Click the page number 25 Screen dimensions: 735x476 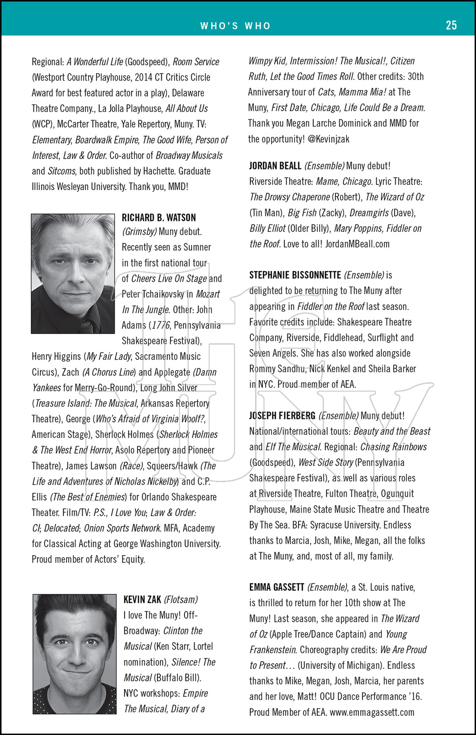point(451,25)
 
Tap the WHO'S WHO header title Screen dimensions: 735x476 point(235,26)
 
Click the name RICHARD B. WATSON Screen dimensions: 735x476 point(159,218)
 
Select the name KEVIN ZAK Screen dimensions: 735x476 point(142,599)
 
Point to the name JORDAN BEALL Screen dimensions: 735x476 point(275,166)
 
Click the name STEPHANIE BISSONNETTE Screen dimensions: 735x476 point(295,275)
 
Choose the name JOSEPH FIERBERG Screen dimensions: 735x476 point(282,416)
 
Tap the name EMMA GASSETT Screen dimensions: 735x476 point(276,587)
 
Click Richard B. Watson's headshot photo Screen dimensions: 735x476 point(73,273)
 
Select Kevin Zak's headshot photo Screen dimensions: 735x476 point(75,654)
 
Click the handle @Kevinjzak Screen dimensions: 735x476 point(328,139)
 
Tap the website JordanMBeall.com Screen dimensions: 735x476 point(357,244)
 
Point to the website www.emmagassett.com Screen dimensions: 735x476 point(372,712)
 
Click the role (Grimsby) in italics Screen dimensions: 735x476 point(140,232)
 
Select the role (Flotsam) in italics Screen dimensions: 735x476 point(181,599)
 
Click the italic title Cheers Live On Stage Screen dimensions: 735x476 point(169,278)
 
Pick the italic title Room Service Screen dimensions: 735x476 point(196,62)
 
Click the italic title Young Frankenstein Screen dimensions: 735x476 point(328,642)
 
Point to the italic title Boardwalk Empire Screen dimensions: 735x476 point(107,140)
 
